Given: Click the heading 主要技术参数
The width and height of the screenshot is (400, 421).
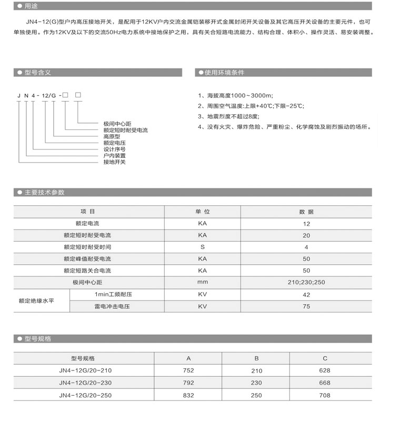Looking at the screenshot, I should (44, 193).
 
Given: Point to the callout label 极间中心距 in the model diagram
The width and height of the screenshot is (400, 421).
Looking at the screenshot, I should (117, 124).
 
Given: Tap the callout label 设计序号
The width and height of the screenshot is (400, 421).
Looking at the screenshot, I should (115, 149).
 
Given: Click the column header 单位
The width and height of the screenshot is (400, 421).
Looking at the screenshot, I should (203, 212).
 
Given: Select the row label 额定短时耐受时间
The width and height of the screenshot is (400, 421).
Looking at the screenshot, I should (87, 247).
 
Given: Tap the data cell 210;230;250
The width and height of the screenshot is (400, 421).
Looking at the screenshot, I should (306, 283).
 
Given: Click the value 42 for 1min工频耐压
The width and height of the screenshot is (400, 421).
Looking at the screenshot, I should (306, 294).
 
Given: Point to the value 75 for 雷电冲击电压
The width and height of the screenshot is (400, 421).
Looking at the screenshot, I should (306, 306).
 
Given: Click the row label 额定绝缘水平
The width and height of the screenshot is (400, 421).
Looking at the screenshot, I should (37, 300).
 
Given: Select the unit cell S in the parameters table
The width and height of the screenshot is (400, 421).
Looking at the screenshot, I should (203, 247).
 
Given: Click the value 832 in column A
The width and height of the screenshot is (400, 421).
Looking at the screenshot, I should (188, 395).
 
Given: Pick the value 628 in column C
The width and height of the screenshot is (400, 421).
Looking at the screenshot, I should (325, 370).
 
